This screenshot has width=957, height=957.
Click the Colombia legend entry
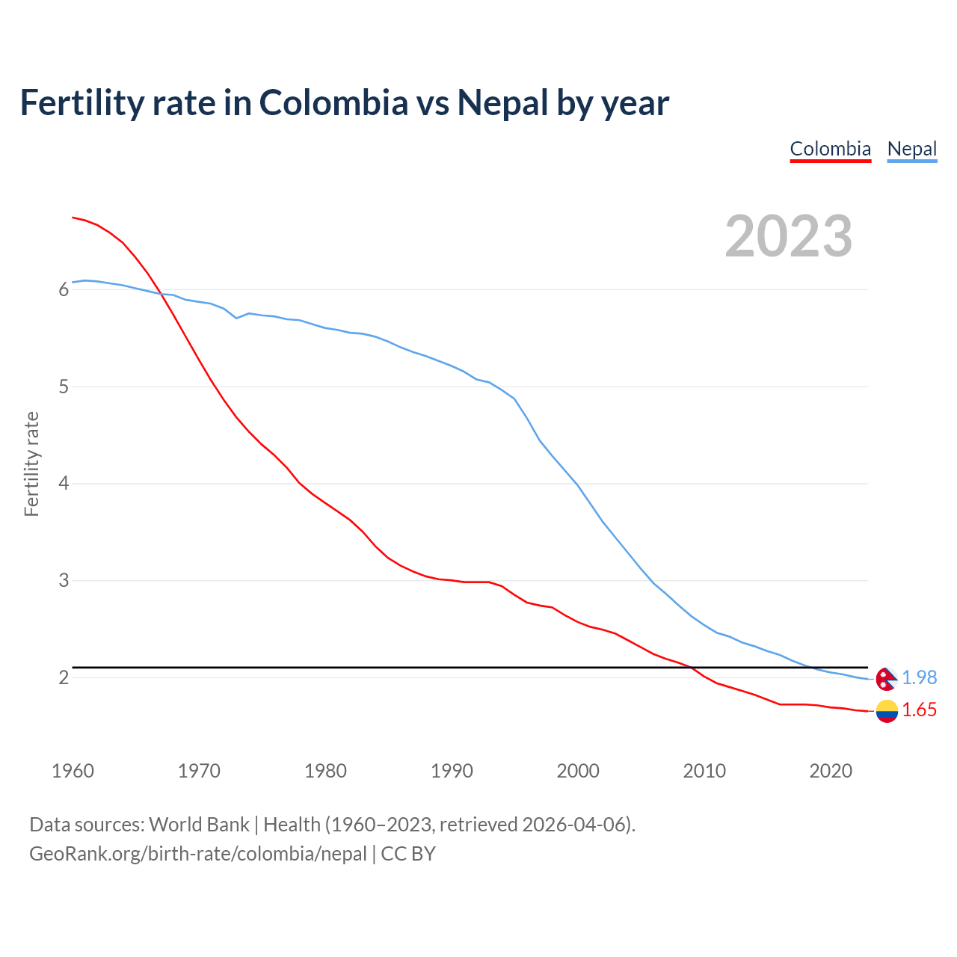[x=830, y=149]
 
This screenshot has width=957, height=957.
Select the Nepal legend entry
[x=911, y=149]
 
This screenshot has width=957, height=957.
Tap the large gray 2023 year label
[x=788, y=236]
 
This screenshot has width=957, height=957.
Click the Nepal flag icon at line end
[x=886, y=678]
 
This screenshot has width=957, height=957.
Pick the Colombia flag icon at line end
[x=886, y=711]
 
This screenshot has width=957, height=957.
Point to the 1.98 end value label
[x=919, y=677]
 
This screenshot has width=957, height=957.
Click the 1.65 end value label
[x=919, y=710]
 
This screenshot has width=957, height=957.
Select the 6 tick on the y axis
[x=64, y=290]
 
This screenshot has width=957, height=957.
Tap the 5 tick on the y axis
[x=64, y=387]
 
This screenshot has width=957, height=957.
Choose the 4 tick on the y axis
[x=64, y=484]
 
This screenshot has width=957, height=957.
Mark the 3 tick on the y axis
[x=64, y=581]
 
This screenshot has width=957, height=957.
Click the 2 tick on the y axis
[x=64, y=678]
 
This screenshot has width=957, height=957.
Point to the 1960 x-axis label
[x=73, y=771]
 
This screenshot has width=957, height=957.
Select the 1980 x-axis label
[x=325, y=771]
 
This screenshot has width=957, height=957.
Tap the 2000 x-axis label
[x=578, y=771]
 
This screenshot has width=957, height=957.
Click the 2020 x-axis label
[x=831, y=771]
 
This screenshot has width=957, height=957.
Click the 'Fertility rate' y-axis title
[x=31, y=464]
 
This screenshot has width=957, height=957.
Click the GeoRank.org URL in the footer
[x=198, y=854]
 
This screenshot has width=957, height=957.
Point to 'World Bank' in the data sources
[x=199, y=825]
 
